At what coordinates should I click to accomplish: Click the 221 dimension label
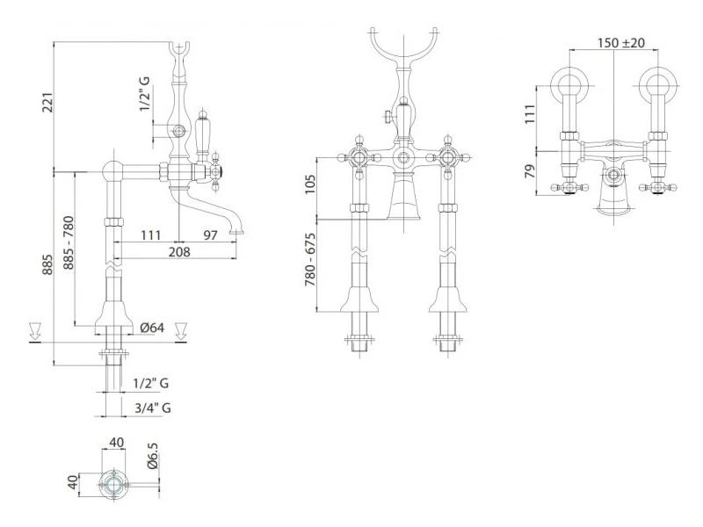pos(48,103)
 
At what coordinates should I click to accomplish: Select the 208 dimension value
pos(179,252)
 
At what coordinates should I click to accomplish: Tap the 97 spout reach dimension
pos(210,235)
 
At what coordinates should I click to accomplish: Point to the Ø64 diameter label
pos(151,328)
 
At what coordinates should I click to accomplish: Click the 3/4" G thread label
pos(152,408)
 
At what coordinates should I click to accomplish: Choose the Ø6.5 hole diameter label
pos(152,456)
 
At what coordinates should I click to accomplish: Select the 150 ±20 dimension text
pos(621,42)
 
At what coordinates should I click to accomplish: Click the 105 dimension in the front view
pos(310,184)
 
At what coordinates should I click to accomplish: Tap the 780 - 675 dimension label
pos(310,260)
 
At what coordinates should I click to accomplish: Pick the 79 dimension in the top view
pos(531,171)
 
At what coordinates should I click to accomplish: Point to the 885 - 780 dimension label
pos(69,243)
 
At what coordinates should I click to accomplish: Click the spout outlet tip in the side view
pos(236,232)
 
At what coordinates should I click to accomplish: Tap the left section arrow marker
pos(34,331)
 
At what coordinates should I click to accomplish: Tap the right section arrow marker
pos(180,331)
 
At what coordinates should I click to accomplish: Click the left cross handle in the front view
pos(359,157)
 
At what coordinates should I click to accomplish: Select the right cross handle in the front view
pos(448,157)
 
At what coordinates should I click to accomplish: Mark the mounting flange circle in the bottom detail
pos(114,485)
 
